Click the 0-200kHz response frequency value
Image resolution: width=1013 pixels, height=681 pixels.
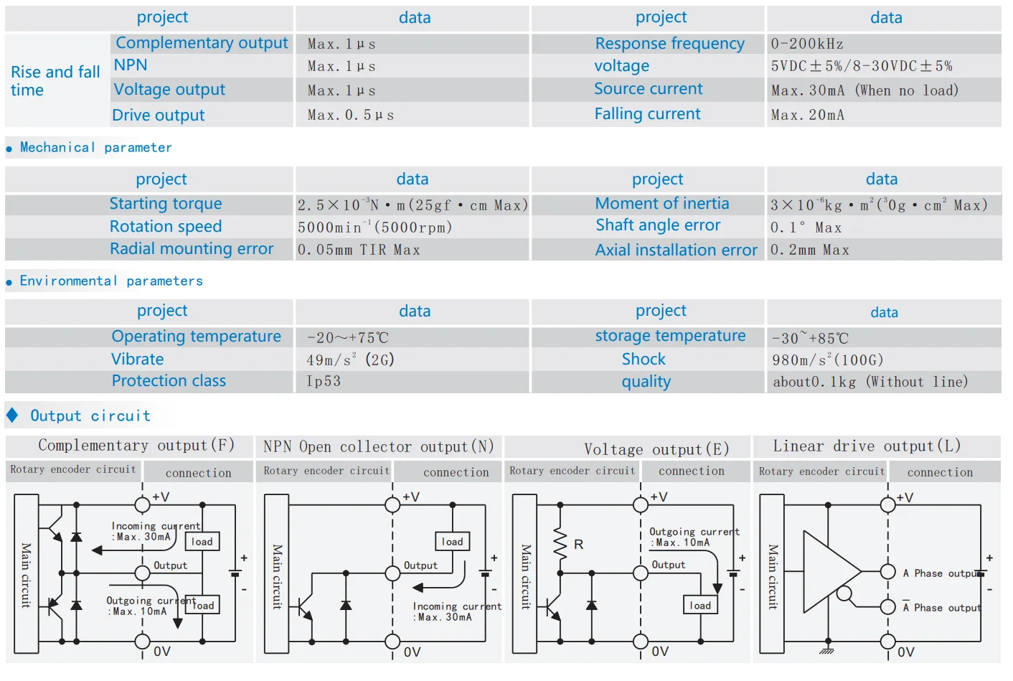[806, 44]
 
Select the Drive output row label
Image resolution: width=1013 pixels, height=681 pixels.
[158, 116]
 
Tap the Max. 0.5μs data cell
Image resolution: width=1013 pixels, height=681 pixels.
[350, 115]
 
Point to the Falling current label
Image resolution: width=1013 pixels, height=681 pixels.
[647, 114]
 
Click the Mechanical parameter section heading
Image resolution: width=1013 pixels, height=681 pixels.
[95, 148]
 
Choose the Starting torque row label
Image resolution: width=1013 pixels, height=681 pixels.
[165, 204]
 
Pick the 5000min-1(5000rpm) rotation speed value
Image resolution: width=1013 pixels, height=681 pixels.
[374, 227]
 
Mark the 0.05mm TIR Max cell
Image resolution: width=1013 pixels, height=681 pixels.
[359, 250]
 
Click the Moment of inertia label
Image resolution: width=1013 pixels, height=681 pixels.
[661, 204]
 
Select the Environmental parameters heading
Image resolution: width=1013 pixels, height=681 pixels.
[110, 281]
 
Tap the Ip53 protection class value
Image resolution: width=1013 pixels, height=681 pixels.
[324, 381]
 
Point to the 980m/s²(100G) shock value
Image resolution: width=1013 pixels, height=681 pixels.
[827, 360]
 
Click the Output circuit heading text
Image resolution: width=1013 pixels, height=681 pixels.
[90, 416]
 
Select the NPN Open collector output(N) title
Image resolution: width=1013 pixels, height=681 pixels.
[378, 447]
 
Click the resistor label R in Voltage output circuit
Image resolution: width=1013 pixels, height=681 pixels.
[578, 545]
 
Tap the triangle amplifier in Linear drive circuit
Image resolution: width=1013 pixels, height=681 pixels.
[829, 571]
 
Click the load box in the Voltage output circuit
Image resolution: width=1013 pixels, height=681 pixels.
[699, 606]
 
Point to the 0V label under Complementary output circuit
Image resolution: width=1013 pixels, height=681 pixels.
[162, 652]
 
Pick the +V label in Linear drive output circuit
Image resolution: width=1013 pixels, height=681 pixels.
[905, 497]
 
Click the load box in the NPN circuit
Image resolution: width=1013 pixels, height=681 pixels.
[452, 542]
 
